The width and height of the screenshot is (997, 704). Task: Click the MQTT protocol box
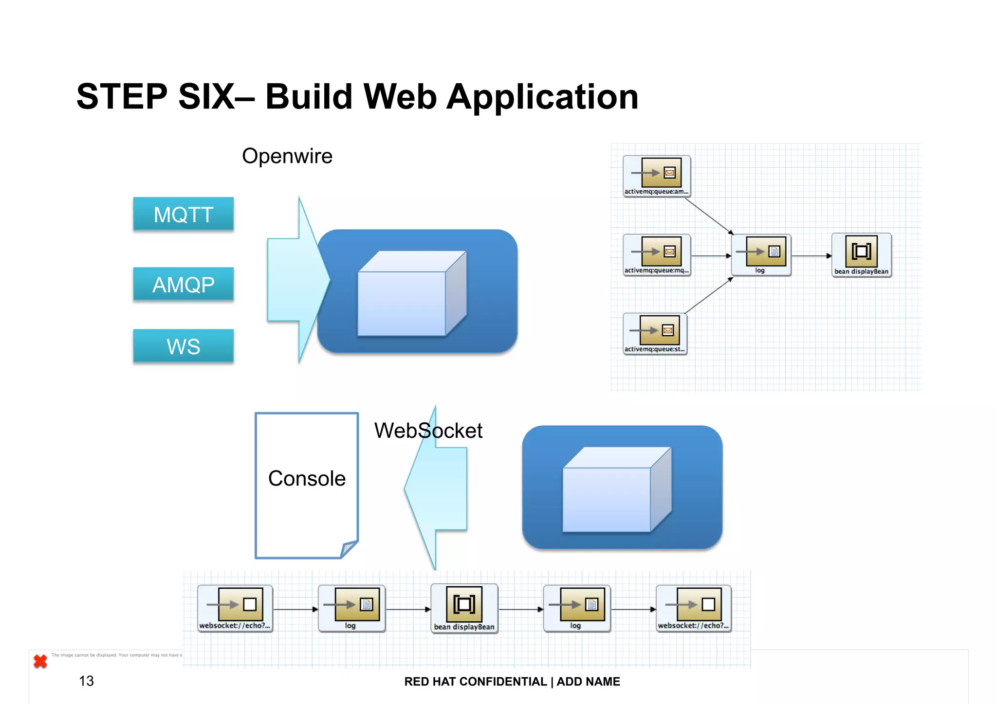pyautogui.click(x=183, y=214)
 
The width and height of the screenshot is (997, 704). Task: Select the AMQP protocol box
pyautogui.click(x=183, y=284)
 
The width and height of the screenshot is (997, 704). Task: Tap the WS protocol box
pyautogui.click(x=183, y=346)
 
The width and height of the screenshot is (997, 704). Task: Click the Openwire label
pyautogui.click(x=287, y=156)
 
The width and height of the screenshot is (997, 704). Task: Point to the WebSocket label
pyautogui.click(x=428, y=431)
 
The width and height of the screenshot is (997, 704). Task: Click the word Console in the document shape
pyautogui.click(x=307, y=479)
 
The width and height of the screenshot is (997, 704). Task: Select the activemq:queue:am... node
pyautogui.click(x=656, y=176)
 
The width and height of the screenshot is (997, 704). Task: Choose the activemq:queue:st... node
pyautogui.click(x=655, y=334)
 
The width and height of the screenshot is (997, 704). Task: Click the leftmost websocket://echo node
pyautogui.click(x=235, y=608)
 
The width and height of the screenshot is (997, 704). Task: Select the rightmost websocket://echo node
pyautogui.click(x=693, y=608)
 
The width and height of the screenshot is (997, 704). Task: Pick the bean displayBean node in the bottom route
pyautogui.click(x=464, y=608)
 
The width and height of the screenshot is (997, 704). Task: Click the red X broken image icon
pyautogui.click(x=40, y=661)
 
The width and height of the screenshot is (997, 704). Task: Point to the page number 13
pyautogui.click(x=86, y=681)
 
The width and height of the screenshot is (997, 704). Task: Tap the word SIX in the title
pyautogui.click(x=206, y=97)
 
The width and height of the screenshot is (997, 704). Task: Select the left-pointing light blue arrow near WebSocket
pyautogui.click(x=436, y=488)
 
